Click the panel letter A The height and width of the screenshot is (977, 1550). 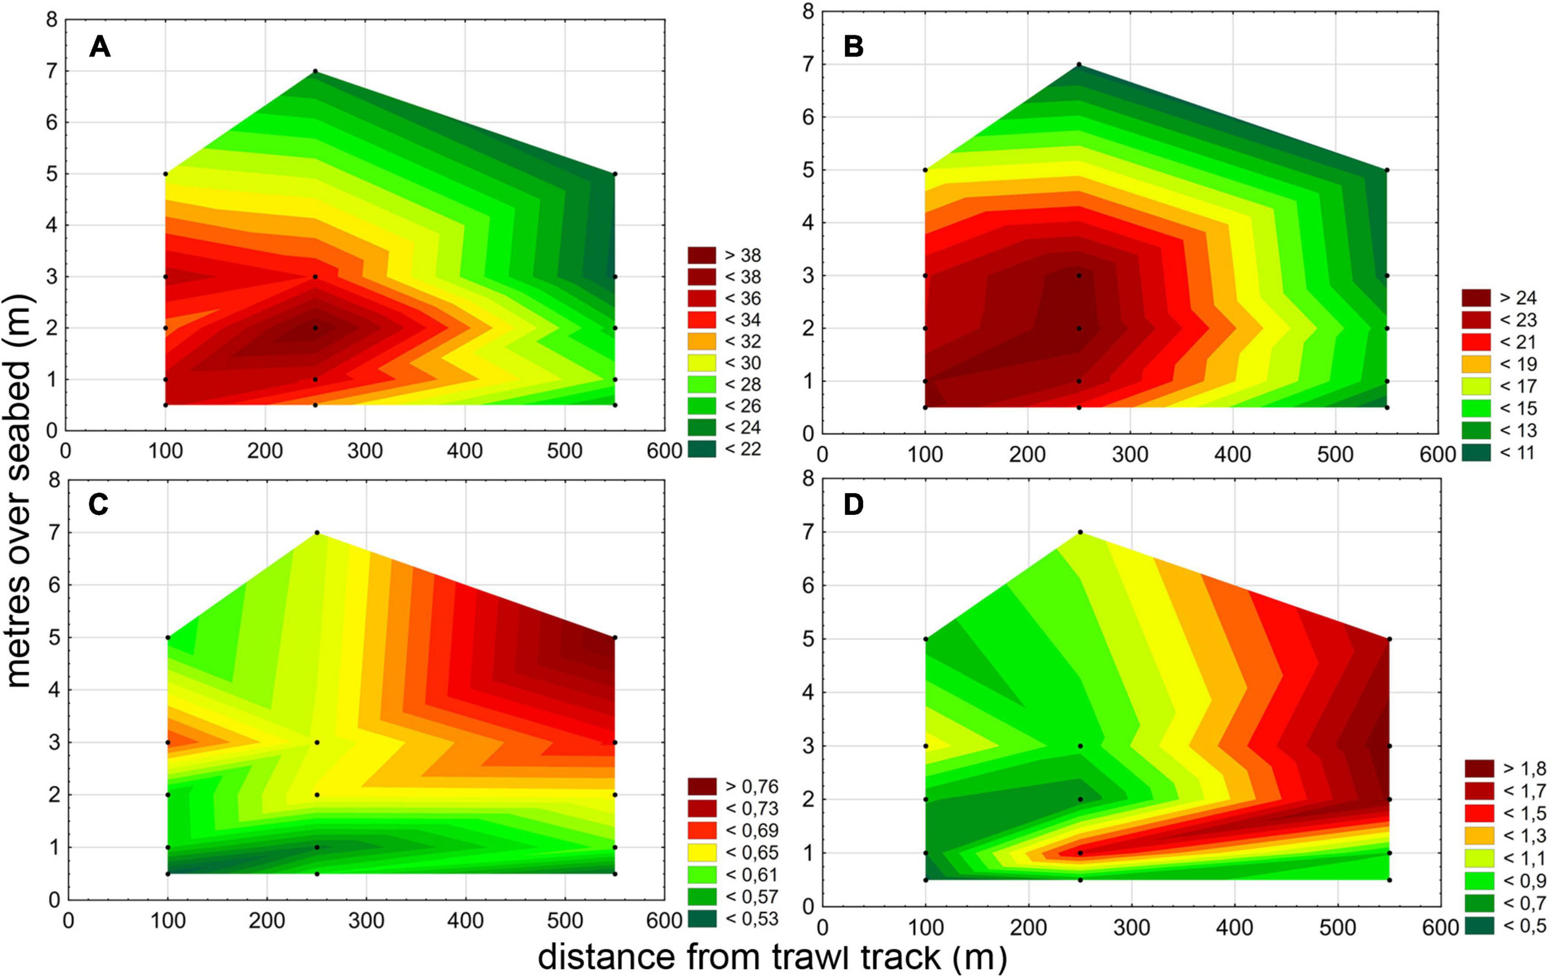click(100, 47)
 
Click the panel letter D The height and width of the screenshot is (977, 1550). click(854, 506)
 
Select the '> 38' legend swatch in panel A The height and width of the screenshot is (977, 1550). click(701, 255)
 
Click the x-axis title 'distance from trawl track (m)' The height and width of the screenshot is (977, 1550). click(772, 958)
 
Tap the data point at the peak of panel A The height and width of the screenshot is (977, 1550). click(316, 71)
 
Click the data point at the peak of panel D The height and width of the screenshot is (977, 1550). click(1080, 532)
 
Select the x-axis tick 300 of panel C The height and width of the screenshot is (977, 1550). click(366, 921)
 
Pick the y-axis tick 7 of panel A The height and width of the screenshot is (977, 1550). click(51, 71)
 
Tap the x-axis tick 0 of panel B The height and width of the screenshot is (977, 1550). click(822, 454)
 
